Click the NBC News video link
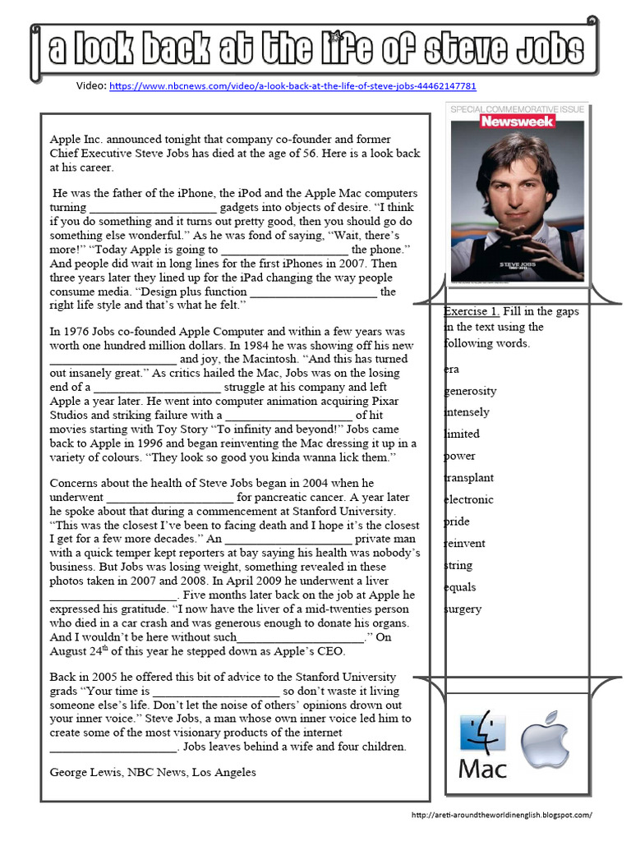coord(292,85)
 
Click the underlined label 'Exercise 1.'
coord(471,311)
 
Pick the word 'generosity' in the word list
coord(470,390)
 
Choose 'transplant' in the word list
coord(468,477)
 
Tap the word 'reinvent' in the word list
coord(464,543)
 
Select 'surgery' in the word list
coord(463,609)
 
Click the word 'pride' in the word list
coord(457,522)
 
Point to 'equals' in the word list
coord(460,586)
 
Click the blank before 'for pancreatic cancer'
coord(170,498)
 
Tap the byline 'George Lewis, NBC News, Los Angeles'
coord(153,772)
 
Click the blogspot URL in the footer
coord(501,815)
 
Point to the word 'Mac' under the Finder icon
coord(482,770)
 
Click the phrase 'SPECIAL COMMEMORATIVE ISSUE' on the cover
coord(516,108)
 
